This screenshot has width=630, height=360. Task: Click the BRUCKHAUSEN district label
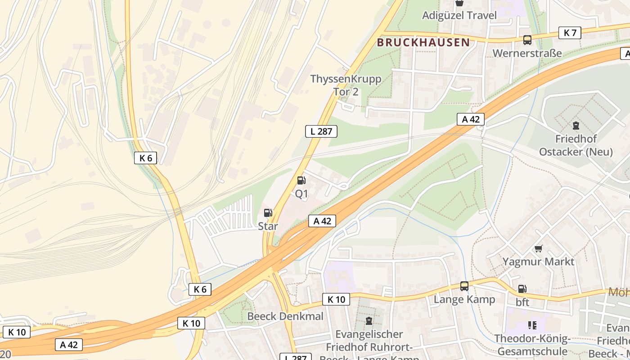(423, 43)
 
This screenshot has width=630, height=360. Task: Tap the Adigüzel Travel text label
(459, 15)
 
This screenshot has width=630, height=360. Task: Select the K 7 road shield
(570, 32)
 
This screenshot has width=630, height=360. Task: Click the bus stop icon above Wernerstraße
(527, 40)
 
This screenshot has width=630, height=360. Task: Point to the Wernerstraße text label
(527, 53)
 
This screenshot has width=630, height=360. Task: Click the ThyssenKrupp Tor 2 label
(346, 85)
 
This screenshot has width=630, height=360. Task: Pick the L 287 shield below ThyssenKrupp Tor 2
(321, 131)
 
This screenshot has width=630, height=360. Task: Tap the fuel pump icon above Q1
(301, 181)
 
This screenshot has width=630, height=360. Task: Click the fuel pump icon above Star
(268, 213)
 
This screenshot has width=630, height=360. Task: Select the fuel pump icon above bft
(522, 289)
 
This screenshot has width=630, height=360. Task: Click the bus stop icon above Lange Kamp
(464, 286)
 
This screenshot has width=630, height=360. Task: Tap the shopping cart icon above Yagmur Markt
(538, 248)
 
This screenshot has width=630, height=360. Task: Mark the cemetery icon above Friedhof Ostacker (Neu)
(576, 125)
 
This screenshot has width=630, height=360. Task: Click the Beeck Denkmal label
(285, 316)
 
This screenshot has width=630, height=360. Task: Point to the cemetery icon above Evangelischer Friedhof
(369, 321)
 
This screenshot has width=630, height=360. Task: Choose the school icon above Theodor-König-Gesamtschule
(532, 325)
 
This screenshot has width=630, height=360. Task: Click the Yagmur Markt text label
(538, 261)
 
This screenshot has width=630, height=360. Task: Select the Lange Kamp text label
(464, 299)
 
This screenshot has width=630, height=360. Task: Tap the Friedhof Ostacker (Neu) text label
(576, 145)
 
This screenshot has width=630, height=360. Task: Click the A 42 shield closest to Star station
(322, 221)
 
